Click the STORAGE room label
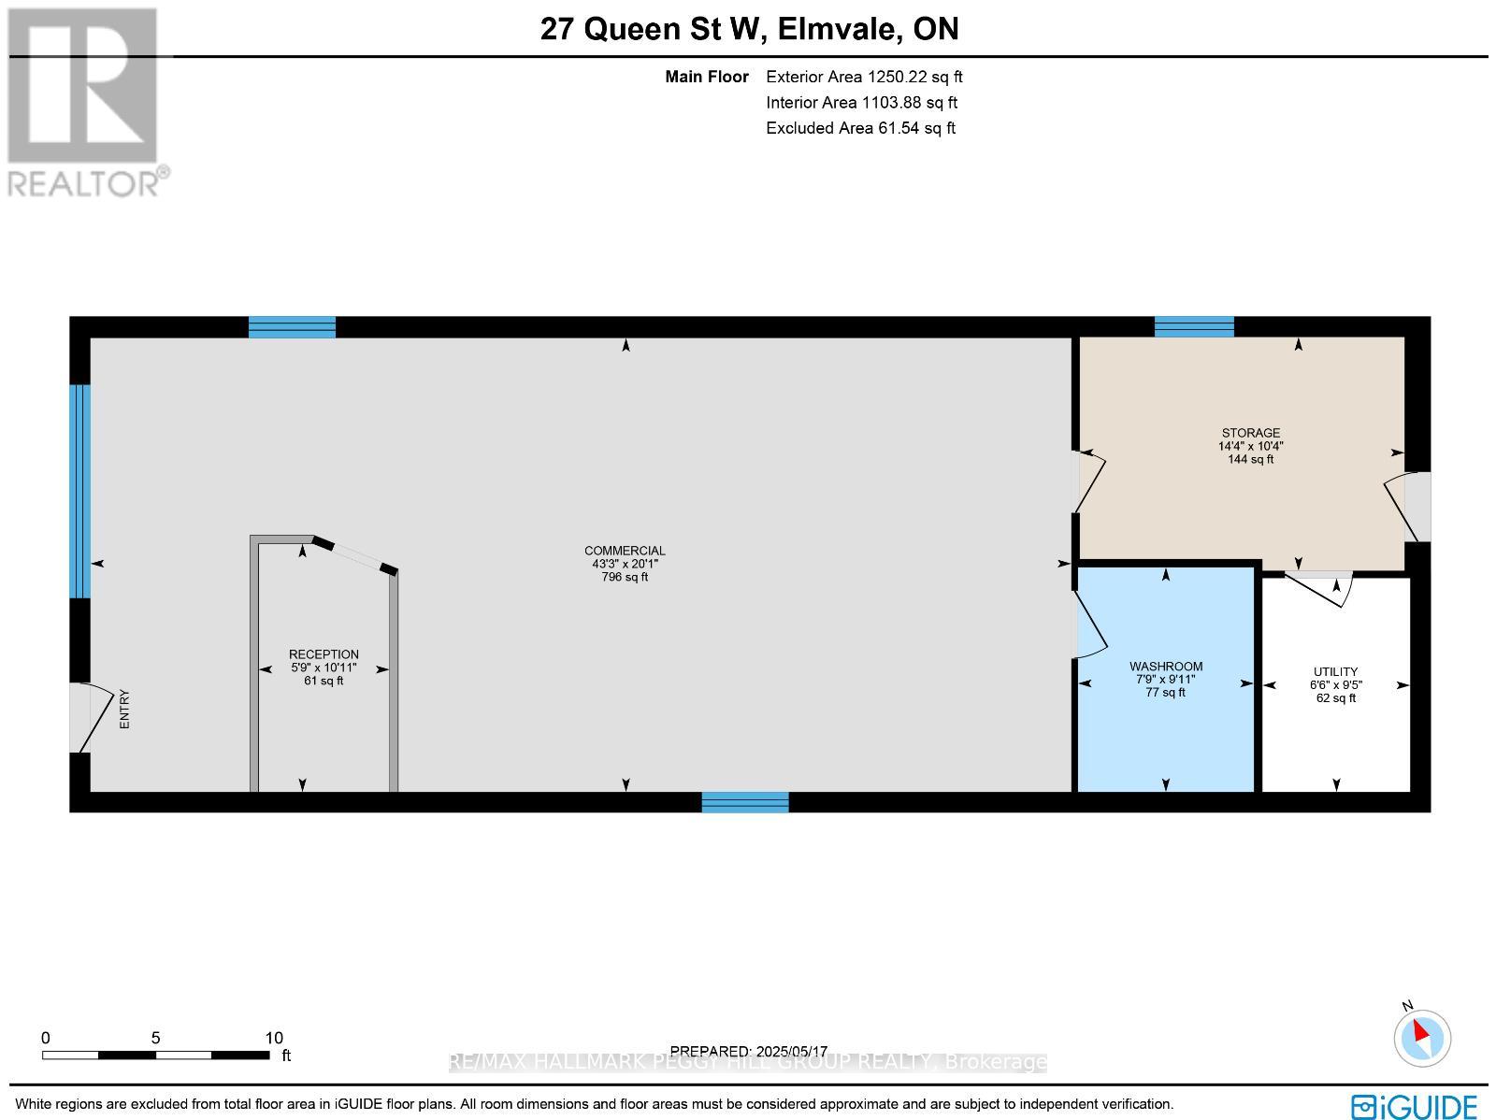tap(1250, 433)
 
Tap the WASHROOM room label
tap(1165, 667)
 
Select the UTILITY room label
tap(1335, 671)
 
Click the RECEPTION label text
tap(324, 654)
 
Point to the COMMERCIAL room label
tap(625, 551)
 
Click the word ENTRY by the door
tap(125, 710)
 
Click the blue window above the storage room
tap(1194, 326)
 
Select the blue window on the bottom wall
tap(745, 802)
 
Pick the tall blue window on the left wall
tap(80, 491)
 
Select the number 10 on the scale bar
tap(273, 1038)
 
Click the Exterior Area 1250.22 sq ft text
tap(864, 77)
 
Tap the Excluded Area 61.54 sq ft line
tap(860, 128)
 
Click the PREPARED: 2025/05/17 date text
tap(749, 1052)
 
